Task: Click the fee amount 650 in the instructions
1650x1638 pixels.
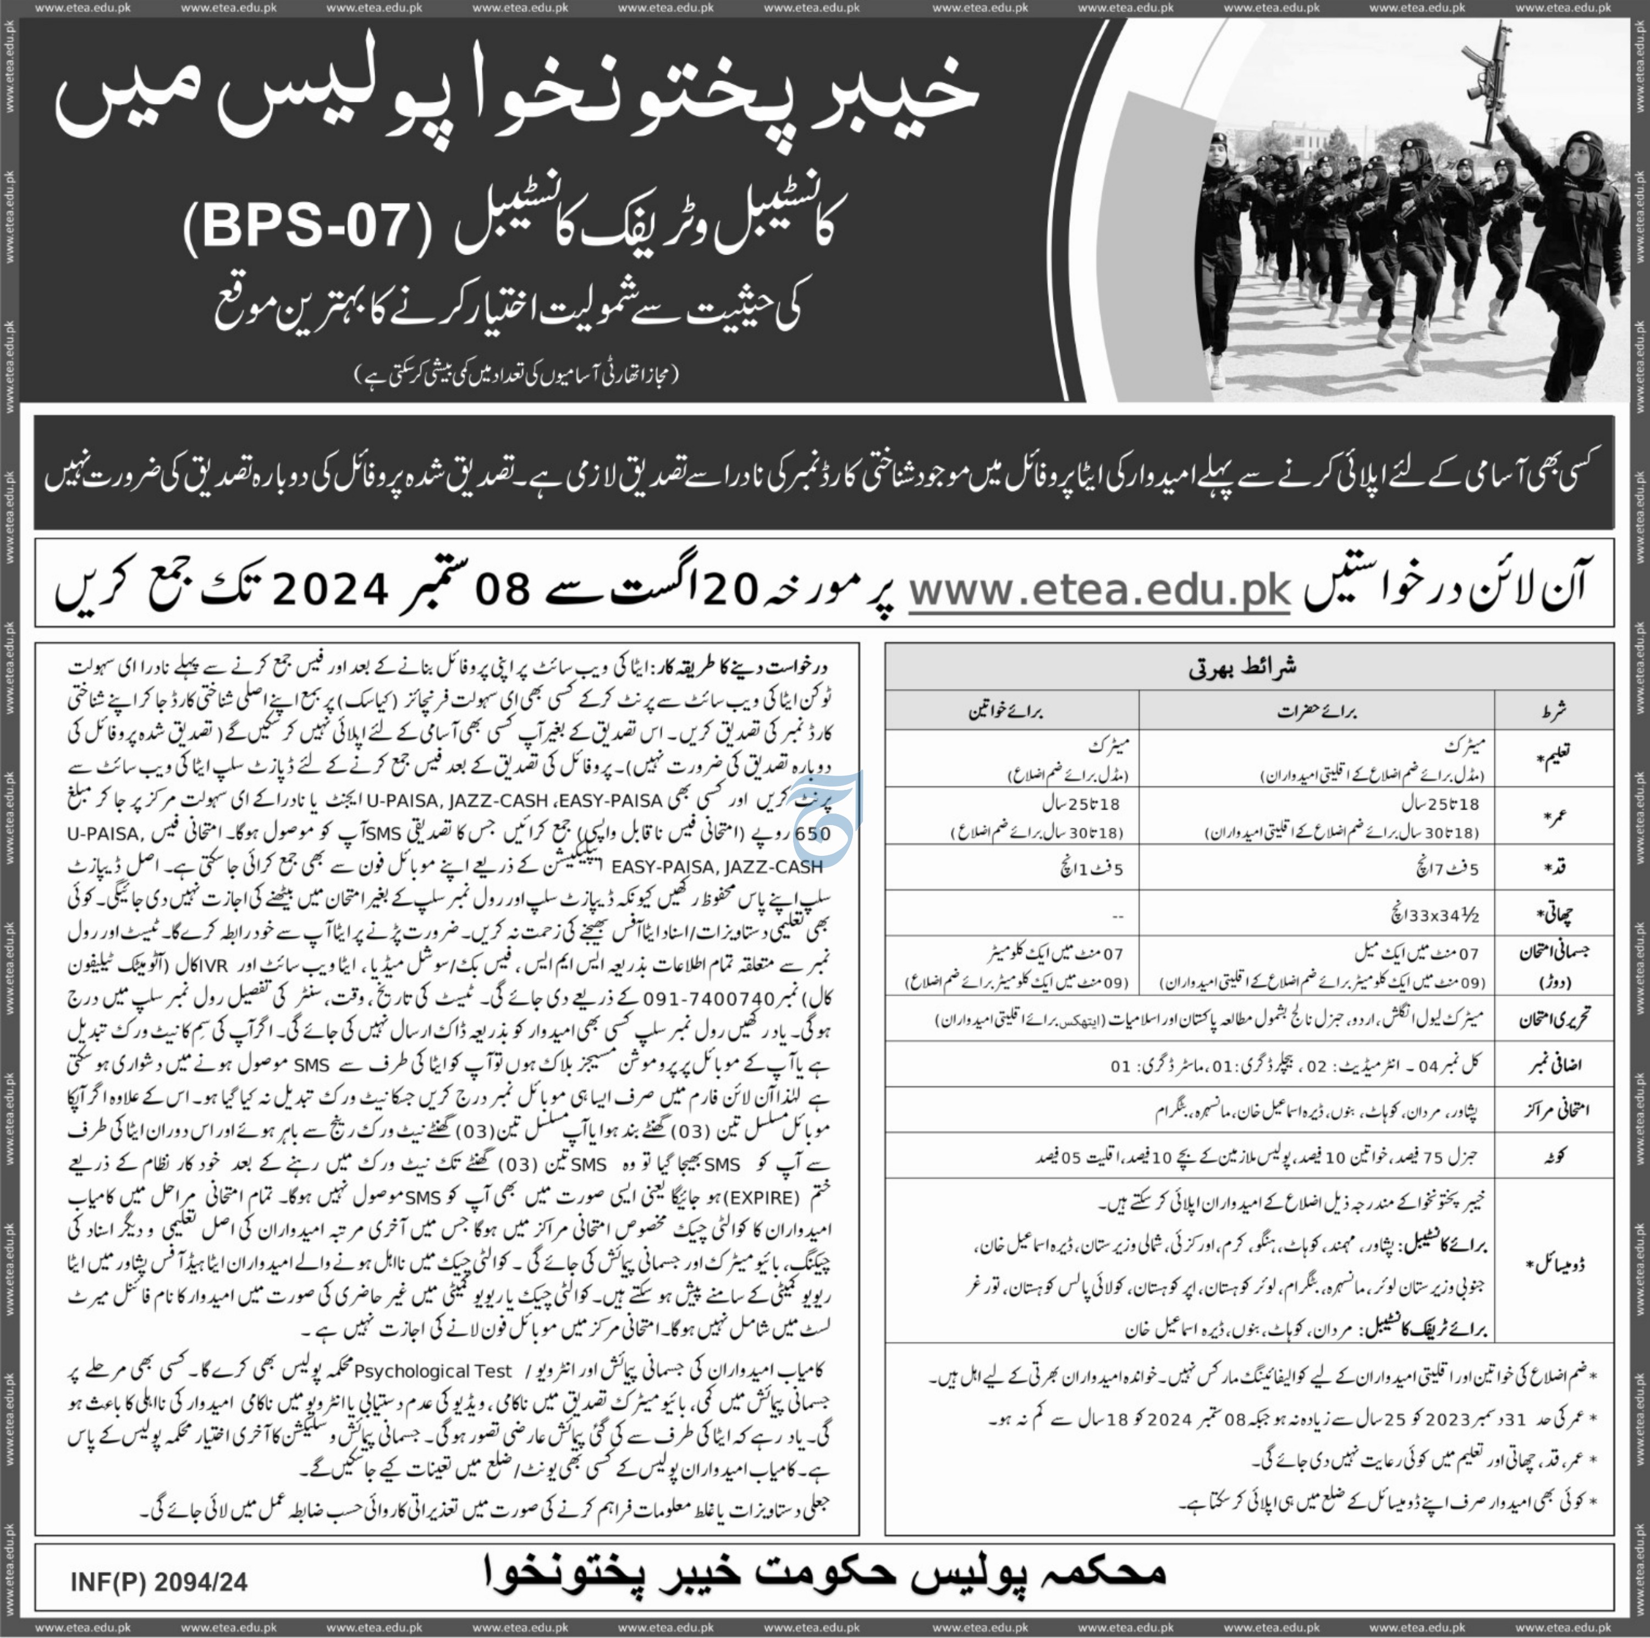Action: click(x=813, y=833)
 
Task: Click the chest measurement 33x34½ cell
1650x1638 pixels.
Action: click(x=1435, y=915)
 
